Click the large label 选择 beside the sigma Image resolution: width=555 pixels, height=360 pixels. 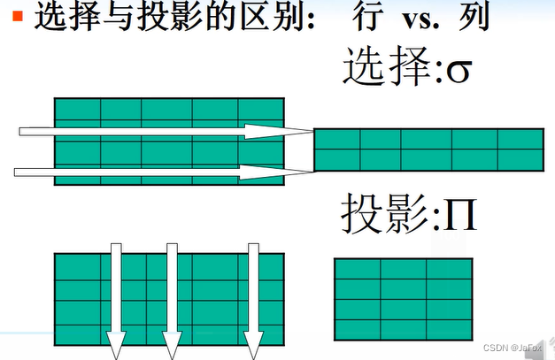point(384,67)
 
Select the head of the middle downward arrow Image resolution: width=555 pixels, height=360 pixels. point(172,348)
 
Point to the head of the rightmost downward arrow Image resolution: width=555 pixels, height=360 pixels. point(253,348)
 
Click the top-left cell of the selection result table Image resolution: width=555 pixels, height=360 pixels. point(336,140)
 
